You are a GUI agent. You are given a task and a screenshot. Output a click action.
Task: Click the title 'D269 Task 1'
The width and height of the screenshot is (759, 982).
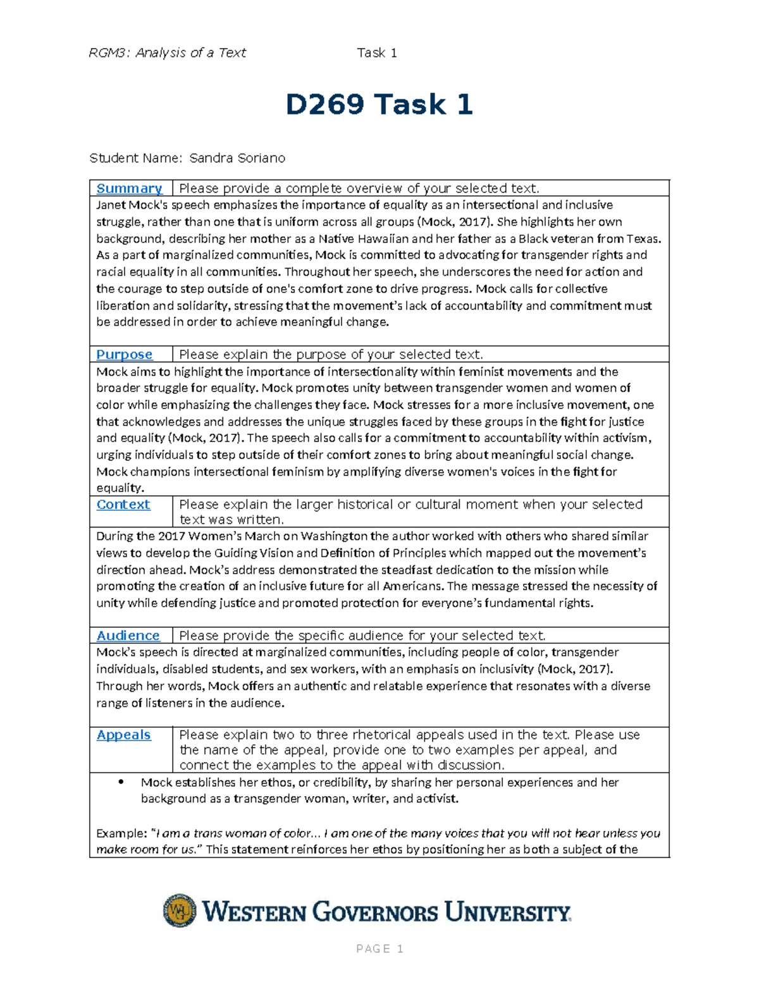(379, 104)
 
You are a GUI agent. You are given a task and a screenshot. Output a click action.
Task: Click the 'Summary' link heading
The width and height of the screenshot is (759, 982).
(129, 188)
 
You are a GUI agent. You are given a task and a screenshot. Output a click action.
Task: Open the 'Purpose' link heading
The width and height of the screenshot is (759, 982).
(124, 355)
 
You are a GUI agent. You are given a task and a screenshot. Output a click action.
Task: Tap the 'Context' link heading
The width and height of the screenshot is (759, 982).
(123, 505)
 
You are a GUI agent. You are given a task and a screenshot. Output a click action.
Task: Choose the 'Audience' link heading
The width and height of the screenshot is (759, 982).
(128, 635)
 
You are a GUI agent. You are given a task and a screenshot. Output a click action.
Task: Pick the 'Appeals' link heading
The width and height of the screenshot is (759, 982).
(123, 735)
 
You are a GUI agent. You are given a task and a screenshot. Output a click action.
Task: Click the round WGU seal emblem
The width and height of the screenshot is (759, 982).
(180, 911)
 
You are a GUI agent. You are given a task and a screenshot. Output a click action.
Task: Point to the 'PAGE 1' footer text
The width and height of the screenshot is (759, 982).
(379, 948)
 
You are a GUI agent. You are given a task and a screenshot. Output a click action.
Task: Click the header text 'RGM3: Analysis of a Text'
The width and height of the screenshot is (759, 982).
(168, 53)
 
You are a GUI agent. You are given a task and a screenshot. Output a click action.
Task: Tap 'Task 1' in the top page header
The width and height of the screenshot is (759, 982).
(377, 53)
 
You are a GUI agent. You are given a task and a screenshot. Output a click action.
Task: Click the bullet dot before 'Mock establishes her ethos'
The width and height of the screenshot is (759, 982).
(121, 782)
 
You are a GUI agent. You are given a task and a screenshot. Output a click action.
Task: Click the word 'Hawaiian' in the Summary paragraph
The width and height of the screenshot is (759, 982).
(378, 239)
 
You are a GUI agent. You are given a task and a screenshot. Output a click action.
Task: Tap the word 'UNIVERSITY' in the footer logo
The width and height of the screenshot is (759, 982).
(507, 912)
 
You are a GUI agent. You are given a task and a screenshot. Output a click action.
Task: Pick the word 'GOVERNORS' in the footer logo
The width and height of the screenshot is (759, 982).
(375, 912)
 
